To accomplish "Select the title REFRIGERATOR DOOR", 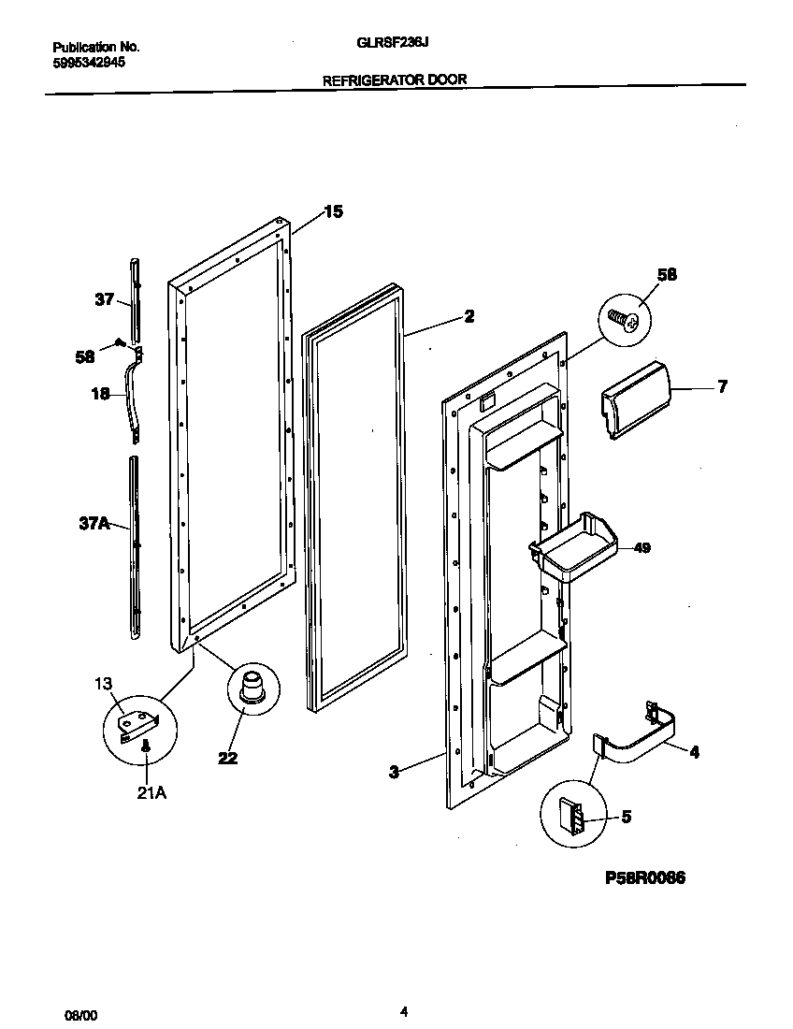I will [395, 80].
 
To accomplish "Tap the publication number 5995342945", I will [89, 63].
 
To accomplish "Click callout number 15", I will [333, 211].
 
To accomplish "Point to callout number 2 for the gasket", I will [469, 316].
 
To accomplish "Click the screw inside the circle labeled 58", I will [622, 321].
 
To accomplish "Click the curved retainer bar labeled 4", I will [645, 734].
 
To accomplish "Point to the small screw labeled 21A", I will [146, 746].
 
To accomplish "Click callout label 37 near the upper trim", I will [104, 299].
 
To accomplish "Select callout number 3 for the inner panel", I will [394, 772].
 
